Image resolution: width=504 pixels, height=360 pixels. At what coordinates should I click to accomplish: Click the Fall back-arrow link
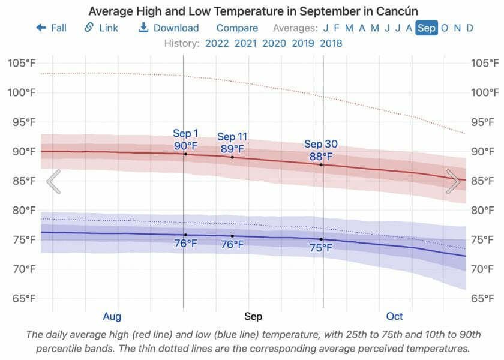[x=52, y=28]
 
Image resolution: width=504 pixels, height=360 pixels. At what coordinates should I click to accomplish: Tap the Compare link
[x=237, y=28]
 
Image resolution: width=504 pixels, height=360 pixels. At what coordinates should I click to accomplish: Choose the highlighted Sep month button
[x=427, y=28]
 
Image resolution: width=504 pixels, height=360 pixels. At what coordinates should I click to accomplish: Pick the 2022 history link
[x=217, y=43]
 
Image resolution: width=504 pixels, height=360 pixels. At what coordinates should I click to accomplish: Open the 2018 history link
[x=331, y=43]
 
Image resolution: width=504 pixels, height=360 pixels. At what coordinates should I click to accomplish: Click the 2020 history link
[x=274, y=43]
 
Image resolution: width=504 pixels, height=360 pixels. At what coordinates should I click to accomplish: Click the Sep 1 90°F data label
[x=185, y=139]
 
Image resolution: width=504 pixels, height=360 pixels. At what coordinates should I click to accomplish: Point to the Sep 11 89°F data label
[x=232, y=143]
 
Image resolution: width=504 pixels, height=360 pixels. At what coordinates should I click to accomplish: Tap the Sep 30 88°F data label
[x=321, y=150]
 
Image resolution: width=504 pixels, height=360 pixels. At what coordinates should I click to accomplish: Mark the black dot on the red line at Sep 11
[x=232, y=157]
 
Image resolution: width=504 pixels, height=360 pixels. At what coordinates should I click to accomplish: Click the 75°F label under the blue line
[x=321, y=248]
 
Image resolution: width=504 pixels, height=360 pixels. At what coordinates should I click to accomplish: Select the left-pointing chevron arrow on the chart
[x=53, y=182]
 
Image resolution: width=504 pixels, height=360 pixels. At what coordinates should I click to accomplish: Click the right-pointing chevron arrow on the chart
[x=453, y=182]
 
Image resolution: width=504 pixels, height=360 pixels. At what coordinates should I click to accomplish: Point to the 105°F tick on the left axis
[x=22, y=63]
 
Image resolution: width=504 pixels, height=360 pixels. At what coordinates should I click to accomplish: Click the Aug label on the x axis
[x=112, y=316]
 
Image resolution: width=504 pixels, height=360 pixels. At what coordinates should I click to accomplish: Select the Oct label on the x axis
[x=394, y=316]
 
